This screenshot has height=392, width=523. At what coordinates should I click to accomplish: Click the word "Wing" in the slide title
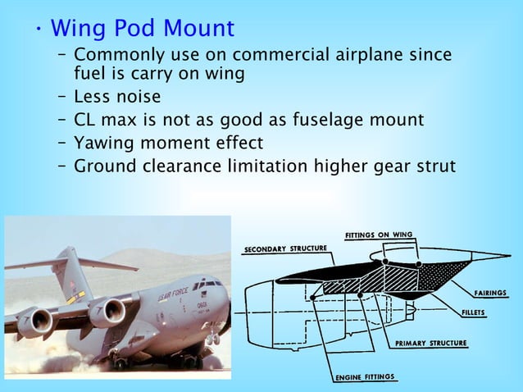[80, 29]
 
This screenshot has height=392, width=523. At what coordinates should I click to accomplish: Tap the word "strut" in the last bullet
[429, 166]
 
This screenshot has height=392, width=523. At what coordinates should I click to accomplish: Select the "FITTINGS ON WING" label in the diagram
[379, 234]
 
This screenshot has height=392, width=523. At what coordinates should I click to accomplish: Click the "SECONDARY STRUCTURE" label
[286, 248]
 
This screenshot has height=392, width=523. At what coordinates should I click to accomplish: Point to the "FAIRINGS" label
[489, 293]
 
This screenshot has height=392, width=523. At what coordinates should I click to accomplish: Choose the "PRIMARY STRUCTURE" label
[430, 343]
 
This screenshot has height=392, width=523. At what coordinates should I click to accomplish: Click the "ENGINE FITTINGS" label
[365, 377]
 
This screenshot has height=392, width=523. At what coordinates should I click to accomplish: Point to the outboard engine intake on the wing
[36, 322]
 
